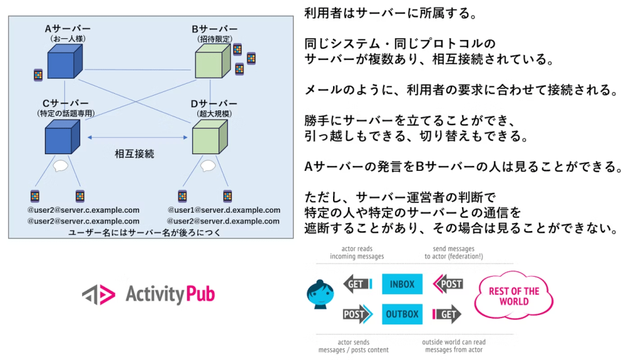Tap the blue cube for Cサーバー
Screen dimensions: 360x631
(62, 137)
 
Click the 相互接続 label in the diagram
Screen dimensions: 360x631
(134, 154)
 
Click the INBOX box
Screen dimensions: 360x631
(402, 284)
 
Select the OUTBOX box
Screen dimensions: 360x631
(402, 314)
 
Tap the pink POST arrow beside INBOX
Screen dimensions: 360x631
(448, 284)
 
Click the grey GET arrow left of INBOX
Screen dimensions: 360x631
(358, 284)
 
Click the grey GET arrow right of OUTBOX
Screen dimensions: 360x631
(447, 314)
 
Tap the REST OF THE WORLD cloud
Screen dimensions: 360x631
(513, 297)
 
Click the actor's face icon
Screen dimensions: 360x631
(320, 295)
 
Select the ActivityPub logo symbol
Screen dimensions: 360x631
(99, 294)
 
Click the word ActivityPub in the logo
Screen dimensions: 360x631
(170, 294)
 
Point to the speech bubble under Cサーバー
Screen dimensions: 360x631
(60, 166)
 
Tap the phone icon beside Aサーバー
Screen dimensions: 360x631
(38, 75)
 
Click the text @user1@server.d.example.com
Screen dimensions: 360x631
(224, 210)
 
